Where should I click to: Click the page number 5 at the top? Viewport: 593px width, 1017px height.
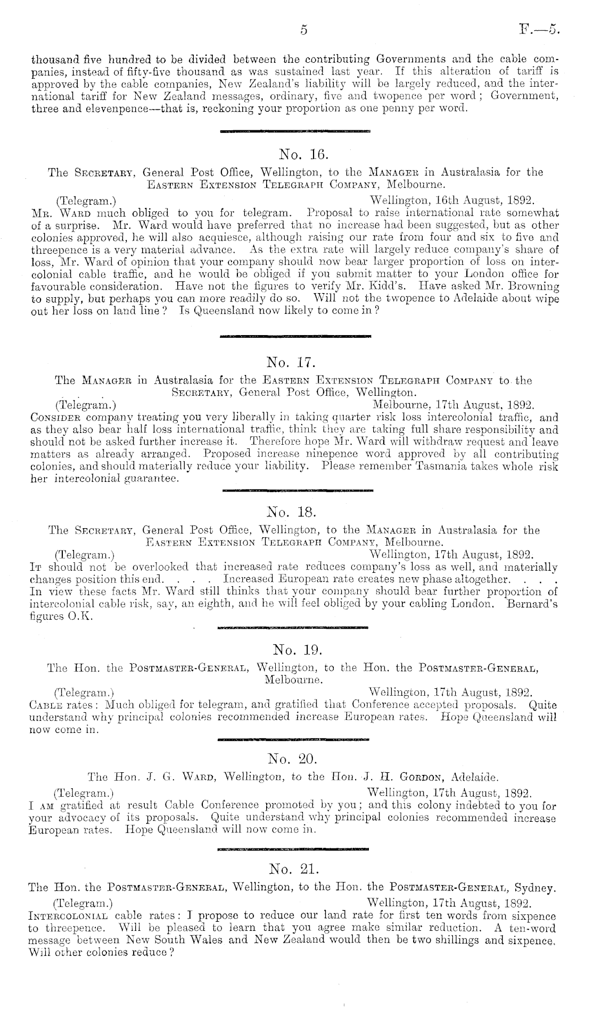(x=303, y=30)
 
